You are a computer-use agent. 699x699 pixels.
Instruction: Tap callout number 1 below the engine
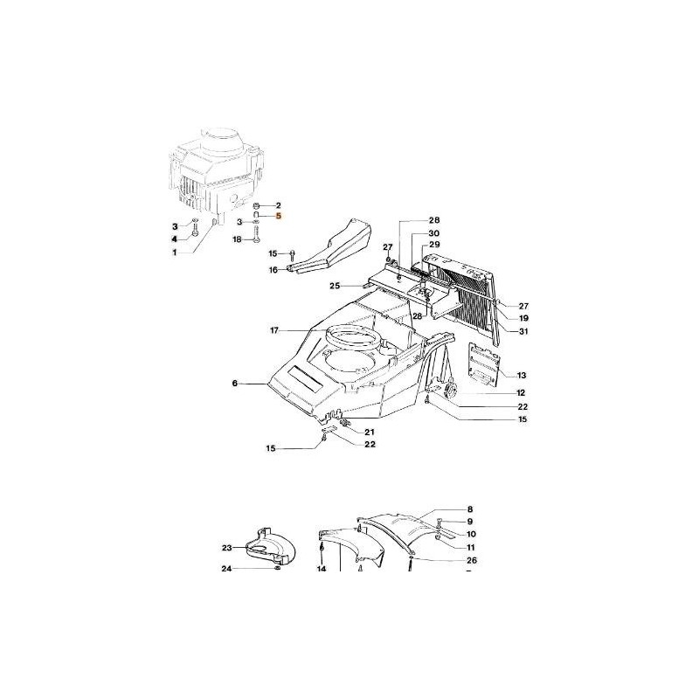[x=174, y=252]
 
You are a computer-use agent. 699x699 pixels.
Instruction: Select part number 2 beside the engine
[x=279, y=204]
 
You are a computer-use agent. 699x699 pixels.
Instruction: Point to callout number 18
[x=237, y=239]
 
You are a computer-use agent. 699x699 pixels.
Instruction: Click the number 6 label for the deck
[x=234, y=383]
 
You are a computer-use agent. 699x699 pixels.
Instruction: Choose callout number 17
[x=273, y=330]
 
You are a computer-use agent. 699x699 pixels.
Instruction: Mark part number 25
[x=335, y=286]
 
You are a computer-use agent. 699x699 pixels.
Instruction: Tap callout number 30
[x=433, y=233]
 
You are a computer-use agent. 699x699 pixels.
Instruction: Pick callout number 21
[x=370, y=433]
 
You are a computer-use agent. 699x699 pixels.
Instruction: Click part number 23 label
[x=226, y=548]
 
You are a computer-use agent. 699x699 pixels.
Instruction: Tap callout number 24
[x=226, y=569]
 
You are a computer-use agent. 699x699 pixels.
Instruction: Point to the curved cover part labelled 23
[x=271, y=548]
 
